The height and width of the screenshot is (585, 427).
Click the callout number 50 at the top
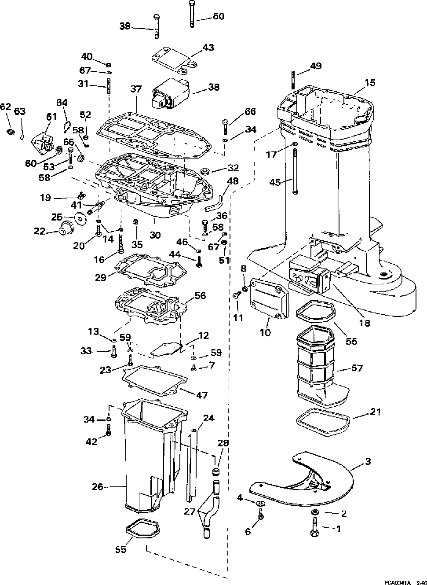click(x=218, y=16)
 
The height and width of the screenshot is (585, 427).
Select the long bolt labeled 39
click(x=156, y=27)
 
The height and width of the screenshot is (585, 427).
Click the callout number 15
click(x=370, y=82)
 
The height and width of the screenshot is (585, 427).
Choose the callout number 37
click(x=136, y=89)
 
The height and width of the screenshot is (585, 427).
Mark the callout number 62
click(x=5, y=107)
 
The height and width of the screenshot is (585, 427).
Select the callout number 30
click(x=155, y=235)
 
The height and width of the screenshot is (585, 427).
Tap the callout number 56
click(x=200, y=296)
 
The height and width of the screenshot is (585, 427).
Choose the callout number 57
click(x=358, y=368)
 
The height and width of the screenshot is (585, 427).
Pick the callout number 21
click(x=376, y=412)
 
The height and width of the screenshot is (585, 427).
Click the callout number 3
click(x=368, y=461)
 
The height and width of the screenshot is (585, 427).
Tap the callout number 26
click(x=97, y=486)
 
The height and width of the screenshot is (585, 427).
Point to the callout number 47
click(x=201, y=395)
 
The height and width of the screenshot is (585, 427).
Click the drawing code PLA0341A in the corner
click(x=397, y=582)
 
